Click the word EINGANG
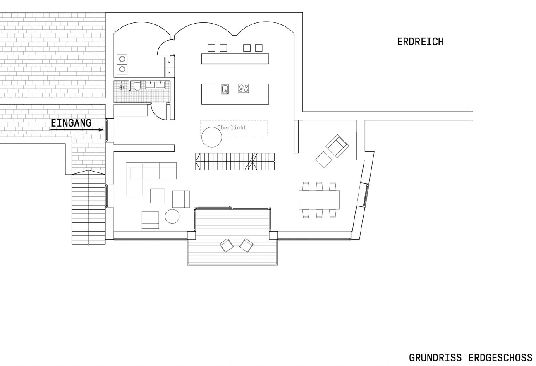[71, 123]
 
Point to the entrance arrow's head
[101, 130]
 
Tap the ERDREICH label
[421, 42]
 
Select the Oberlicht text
[232, 127]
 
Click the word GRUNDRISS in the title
[435, 358]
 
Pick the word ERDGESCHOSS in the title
[500, 358]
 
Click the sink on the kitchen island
[225, 89]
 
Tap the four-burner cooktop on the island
[243, 89]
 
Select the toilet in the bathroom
[137, 86]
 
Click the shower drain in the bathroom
[122, 88]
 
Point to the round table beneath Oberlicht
[212, 137]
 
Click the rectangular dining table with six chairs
[319, 200]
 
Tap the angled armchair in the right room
[337, 146]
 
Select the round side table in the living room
[172, 216]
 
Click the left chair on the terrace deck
[226, 245]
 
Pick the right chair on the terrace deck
[246, 245]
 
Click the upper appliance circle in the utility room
[122, 59]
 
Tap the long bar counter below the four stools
[235, 59]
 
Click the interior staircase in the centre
[235, 162]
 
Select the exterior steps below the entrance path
[89, 208]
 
